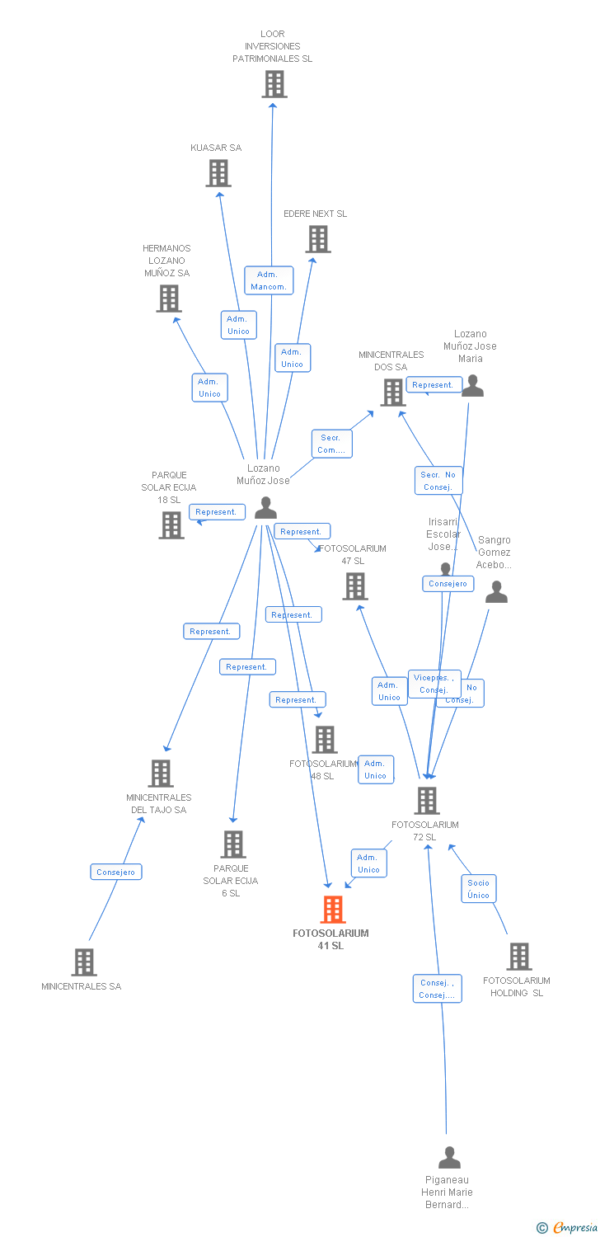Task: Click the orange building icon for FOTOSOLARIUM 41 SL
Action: (332, 910)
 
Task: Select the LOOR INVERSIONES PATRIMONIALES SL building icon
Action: (274, 84)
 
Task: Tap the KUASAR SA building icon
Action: (218, 173)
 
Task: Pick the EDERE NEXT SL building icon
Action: (318, 239)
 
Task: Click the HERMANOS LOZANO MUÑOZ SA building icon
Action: (168, 299)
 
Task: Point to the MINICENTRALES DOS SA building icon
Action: (392, 393)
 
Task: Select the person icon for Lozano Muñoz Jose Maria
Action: (472, 386)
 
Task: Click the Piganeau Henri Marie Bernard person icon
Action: (449, 1158)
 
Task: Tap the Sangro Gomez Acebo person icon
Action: (496, 592)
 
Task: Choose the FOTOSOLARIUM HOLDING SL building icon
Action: (518, 957)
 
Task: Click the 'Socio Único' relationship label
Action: (478, 889)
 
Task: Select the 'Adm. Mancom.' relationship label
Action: (269, 280)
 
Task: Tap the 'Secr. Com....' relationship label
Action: (331, 444)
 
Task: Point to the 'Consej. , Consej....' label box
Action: (437, 989)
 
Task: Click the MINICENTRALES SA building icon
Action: (83, 962)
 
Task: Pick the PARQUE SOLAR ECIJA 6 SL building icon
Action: (233, 844)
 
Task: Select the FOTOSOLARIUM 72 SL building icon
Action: (426, 801)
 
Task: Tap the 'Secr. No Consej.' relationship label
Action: (438, 481)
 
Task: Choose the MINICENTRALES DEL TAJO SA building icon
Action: (160, 774)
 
